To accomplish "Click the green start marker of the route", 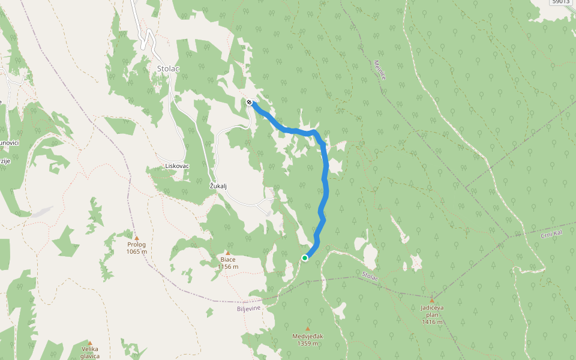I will (305, 258).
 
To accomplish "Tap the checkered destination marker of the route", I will (249, 102).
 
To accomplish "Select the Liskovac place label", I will (178, 166).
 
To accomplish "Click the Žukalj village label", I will (220, 185).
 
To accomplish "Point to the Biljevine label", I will (248, 308).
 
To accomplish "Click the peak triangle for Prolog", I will (136, 238).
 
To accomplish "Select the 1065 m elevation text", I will (136, 252).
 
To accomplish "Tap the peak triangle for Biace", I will (227, 253).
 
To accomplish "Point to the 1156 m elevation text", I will (227, 267).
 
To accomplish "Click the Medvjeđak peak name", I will (308, 336).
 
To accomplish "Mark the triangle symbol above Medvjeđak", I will (308, 329).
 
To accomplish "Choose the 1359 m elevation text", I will (308, 344).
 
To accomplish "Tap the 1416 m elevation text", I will (432, 322).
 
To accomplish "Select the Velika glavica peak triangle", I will (90, 343).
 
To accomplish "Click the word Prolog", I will (136, 245).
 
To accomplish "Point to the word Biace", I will (227, 260).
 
